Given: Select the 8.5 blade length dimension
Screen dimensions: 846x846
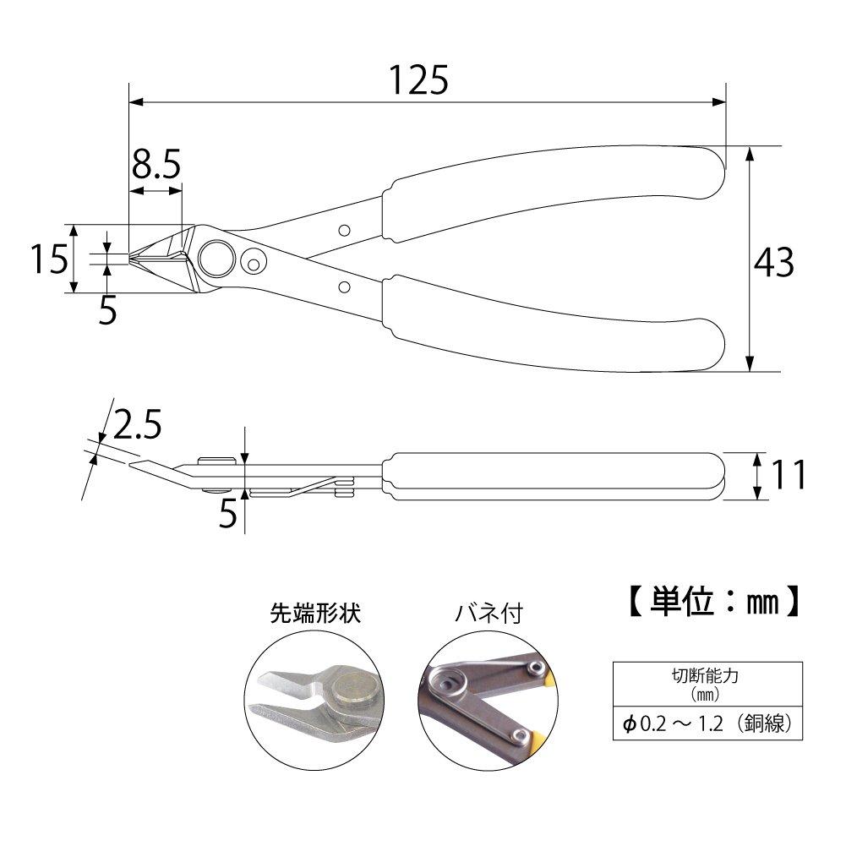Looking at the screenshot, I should (156, 164).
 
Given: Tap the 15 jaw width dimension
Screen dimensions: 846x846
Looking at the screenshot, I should (49, 259).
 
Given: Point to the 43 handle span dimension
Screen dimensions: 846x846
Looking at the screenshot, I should (773, 264).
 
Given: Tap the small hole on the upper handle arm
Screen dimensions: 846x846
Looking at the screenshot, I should (344, 231).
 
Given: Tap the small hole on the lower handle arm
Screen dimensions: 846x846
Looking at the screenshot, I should (344, 287).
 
